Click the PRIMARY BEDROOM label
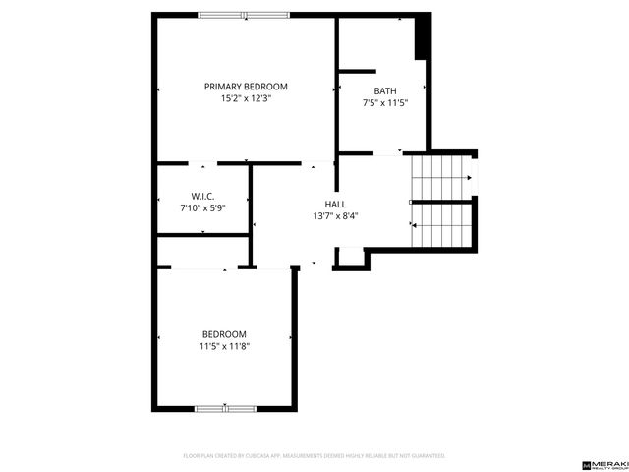click(x=246, y=86)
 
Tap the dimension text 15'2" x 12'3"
click(x=246, y=98)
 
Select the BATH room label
click(x=384, y=90)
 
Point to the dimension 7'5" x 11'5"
click(x=384, y=102)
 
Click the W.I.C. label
click(x=202, y=196)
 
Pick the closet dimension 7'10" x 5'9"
click(x=202, y=207)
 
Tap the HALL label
click(x=335, y=204)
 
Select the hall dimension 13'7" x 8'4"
click(x=335, y=216)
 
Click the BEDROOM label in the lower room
click(x=224, y=334)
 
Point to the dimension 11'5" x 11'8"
click(x=224, y=346)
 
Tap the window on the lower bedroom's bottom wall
click(x=225, y=408)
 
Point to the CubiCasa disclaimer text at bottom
click(x=314, y=456)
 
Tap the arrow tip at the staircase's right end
click(x=470, y=178)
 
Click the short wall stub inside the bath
click(x=358, y=71)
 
